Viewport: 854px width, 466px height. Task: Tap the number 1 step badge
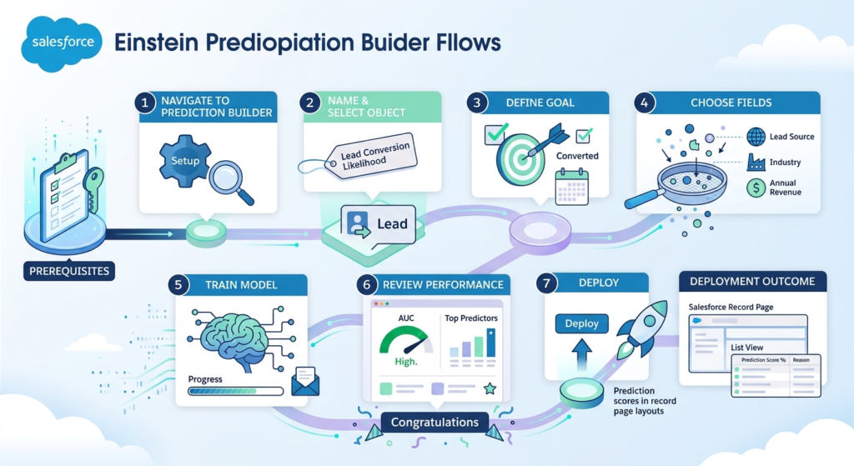(x=146, y=103)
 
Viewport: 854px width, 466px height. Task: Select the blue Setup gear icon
(x=186, y=160)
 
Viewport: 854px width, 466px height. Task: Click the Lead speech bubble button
(x=378, y=223)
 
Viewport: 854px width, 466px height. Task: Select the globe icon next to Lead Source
(x=756, y=137)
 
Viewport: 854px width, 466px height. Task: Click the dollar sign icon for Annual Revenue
(x=756, y=188)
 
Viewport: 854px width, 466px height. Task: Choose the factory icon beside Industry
(x=756, y=162)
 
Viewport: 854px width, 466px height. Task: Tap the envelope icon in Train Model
(x=305, y=383)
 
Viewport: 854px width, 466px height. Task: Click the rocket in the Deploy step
(x=641, y=328)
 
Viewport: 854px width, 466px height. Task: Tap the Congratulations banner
(x=435, y=422)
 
